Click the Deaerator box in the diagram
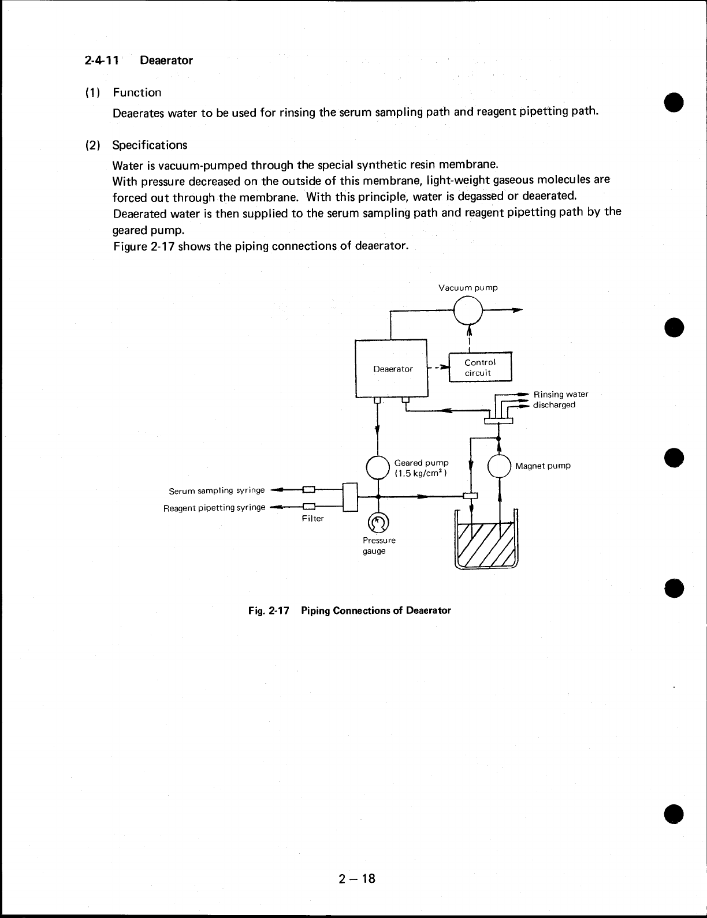click(391, 369)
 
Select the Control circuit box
click(480, 368)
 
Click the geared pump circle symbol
click(378, 467)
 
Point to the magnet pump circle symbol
click(499, 466)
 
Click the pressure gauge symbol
click(378, 523)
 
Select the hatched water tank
click(486, 544)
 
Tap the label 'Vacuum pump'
click(468, 287)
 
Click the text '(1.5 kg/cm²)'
click(420, 473)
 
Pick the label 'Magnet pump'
click(543, 466)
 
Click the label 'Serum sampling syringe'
click(217, 490)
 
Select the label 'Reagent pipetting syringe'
click(214, 508)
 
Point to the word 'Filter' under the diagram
click(312, 518)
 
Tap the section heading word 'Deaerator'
click(166, 60)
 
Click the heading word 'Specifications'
click(150, 144)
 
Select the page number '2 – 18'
click(357, 878)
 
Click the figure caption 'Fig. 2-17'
click(268, 610)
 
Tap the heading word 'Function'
click(137, 92)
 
